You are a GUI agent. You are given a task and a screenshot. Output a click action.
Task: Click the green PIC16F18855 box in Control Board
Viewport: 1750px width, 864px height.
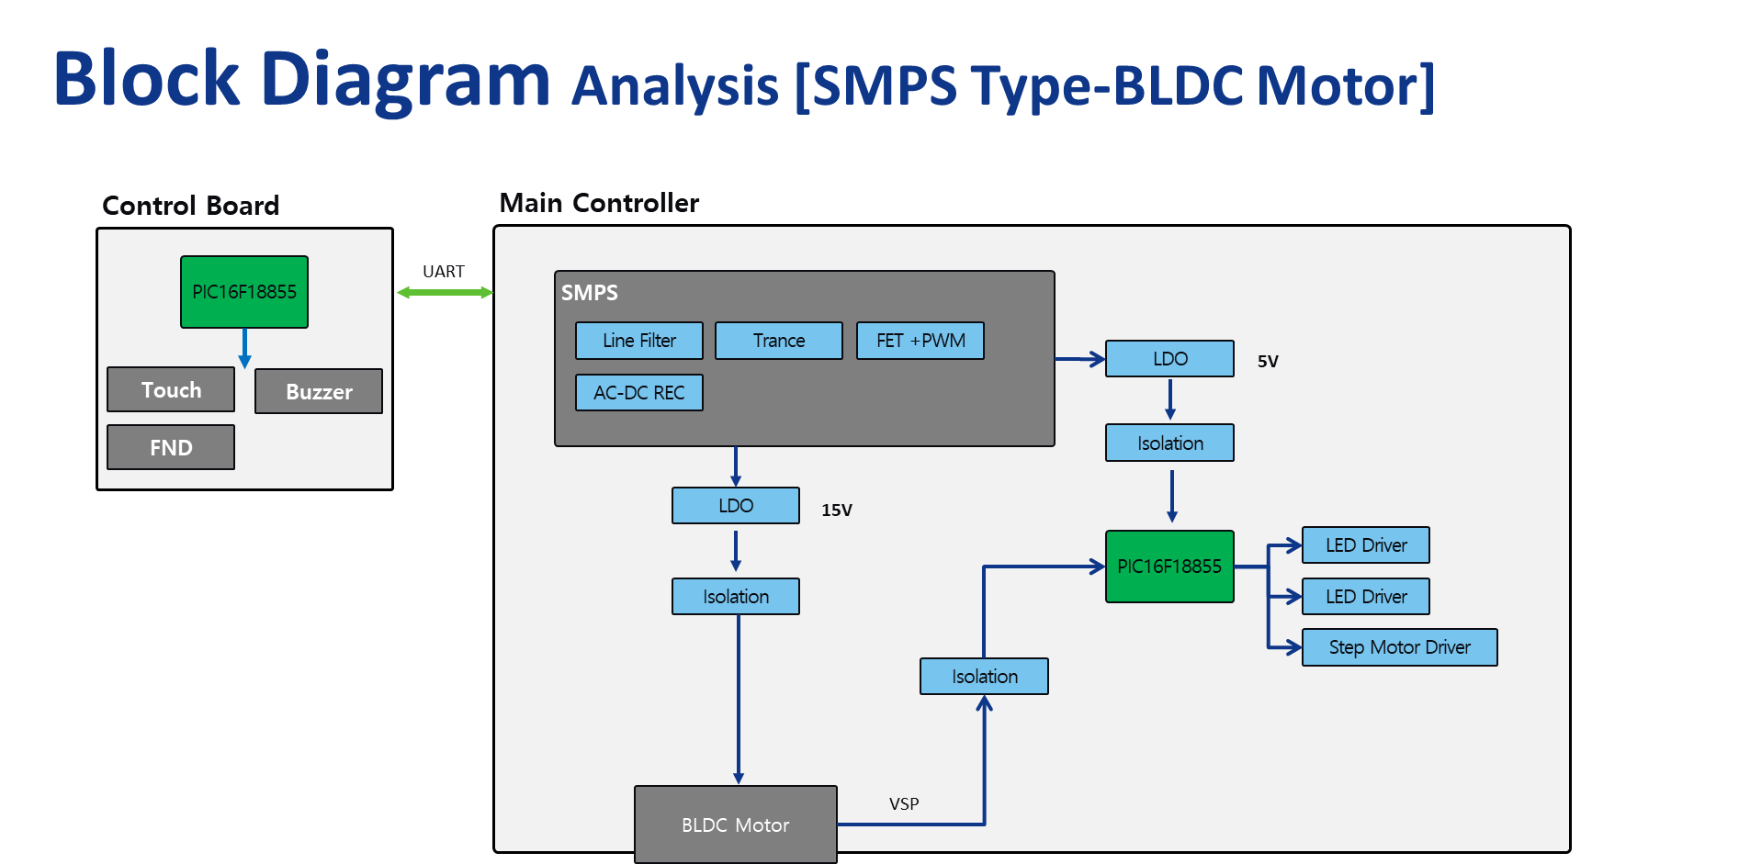coord(244,292)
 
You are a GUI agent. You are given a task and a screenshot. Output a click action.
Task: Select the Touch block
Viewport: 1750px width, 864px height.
coord(171,390)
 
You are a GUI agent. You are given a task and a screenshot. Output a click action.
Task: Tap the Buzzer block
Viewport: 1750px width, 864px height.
coord(319,391)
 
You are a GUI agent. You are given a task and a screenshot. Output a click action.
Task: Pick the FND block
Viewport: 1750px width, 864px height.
coord(171,447)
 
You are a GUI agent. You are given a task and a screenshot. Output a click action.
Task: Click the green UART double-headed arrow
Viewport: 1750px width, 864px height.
coord(446,293)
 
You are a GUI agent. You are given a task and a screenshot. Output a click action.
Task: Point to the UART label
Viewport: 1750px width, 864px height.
coord(444,272)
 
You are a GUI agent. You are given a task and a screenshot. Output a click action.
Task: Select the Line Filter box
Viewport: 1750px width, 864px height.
coord(639,341)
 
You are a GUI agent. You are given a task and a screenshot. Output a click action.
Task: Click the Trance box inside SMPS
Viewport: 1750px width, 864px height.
coord(779,341)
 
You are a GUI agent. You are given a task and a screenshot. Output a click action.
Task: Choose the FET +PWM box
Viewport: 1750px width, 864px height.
coord(920,341)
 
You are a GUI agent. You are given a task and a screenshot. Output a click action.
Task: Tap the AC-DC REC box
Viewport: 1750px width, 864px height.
coord(639,393)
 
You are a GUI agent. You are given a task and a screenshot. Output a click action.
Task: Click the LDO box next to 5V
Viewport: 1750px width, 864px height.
coord(1170,359)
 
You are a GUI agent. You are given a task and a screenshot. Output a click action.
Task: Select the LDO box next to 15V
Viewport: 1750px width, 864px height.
coord(736,506)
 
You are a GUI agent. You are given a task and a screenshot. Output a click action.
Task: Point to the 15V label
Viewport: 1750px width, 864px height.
coord(837,511)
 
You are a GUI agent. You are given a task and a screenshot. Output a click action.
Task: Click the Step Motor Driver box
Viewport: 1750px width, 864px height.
coord(1400,647)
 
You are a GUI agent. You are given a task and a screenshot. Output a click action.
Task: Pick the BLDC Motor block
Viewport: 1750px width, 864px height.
coord(736,825)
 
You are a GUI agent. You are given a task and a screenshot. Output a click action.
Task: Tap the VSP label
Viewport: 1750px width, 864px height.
coord(904,804)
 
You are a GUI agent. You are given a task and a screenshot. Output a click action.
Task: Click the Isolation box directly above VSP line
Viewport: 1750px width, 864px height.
coord(985,677)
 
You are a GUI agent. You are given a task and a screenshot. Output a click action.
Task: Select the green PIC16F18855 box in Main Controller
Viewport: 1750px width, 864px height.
coord(1170,567)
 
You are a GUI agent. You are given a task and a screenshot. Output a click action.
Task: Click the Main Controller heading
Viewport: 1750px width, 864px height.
coord(599,203)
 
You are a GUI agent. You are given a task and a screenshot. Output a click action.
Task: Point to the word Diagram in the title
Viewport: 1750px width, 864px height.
coord(405,81)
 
